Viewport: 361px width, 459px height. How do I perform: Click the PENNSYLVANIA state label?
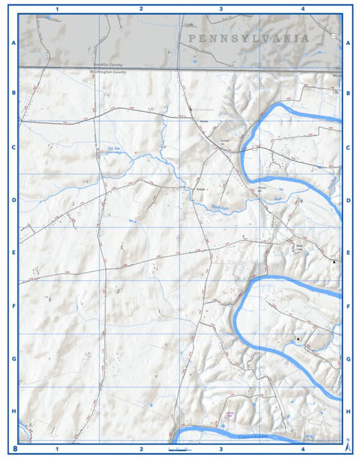click(249, 38)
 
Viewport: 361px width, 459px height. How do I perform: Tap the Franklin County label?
click(105, 66)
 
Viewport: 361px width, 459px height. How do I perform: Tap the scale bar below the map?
click(180, 448)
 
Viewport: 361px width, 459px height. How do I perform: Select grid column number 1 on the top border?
click(59, 9)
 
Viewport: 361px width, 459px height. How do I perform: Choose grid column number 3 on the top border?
click(220, 9)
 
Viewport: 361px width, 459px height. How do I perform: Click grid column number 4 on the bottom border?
click(302, 449)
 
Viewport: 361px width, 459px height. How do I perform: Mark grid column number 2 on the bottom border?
click(141, 449)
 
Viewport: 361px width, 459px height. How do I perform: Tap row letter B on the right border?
click(348, 94)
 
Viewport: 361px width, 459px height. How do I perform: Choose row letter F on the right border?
click(348, 307)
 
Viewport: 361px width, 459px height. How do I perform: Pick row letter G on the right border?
click(348, 359)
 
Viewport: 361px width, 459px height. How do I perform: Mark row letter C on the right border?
click(348, 147)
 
